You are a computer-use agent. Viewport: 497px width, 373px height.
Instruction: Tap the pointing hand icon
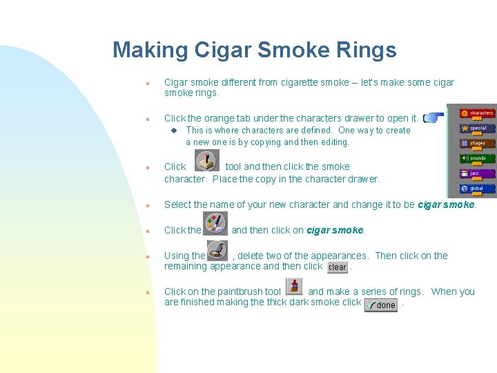coord(432,118)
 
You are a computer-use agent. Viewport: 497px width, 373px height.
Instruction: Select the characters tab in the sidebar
coord(477,113)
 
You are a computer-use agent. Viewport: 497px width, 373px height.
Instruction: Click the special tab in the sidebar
coord(477,128)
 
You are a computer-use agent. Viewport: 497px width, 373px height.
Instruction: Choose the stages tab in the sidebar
coord(477,144)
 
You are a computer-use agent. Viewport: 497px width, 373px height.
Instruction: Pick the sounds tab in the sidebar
coord(477,158)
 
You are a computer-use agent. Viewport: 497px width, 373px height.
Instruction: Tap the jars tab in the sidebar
coord(477,173)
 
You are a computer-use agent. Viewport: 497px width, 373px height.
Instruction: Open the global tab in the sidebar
coord(477,189)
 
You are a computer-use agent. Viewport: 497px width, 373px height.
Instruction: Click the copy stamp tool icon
coord(207,162)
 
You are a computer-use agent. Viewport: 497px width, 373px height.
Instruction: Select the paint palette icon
coord(215,223)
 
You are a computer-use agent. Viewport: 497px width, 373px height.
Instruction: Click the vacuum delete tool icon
coord(217,249)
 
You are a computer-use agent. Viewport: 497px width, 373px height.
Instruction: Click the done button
coord(381,305)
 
